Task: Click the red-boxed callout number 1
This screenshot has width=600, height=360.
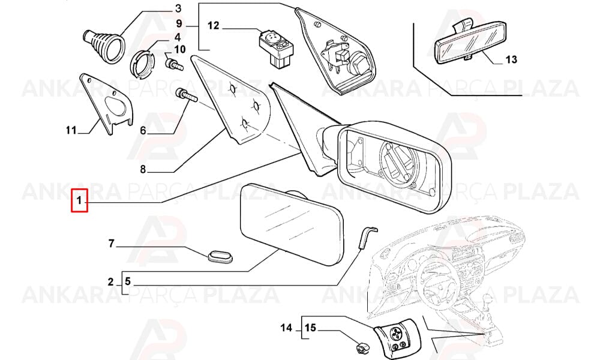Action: [x=79, y=200]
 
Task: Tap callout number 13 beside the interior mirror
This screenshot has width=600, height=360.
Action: [x=511, y=59]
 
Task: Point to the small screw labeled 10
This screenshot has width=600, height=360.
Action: [x=173, y=64]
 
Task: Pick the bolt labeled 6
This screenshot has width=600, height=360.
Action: [x=186, y=96]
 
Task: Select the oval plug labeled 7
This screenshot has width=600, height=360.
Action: [x=220, y=256]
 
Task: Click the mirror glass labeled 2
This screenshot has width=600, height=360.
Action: [x=291, y=224]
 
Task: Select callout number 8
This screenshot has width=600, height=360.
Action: [x=143, y=169]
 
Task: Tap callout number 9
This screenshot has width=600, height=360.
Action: [x=179, y=24]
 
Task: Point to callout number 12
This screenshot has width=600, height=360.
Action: [x=214, y=26]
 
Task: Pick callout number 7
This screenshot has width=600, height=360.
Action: [x=112, y=244]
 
